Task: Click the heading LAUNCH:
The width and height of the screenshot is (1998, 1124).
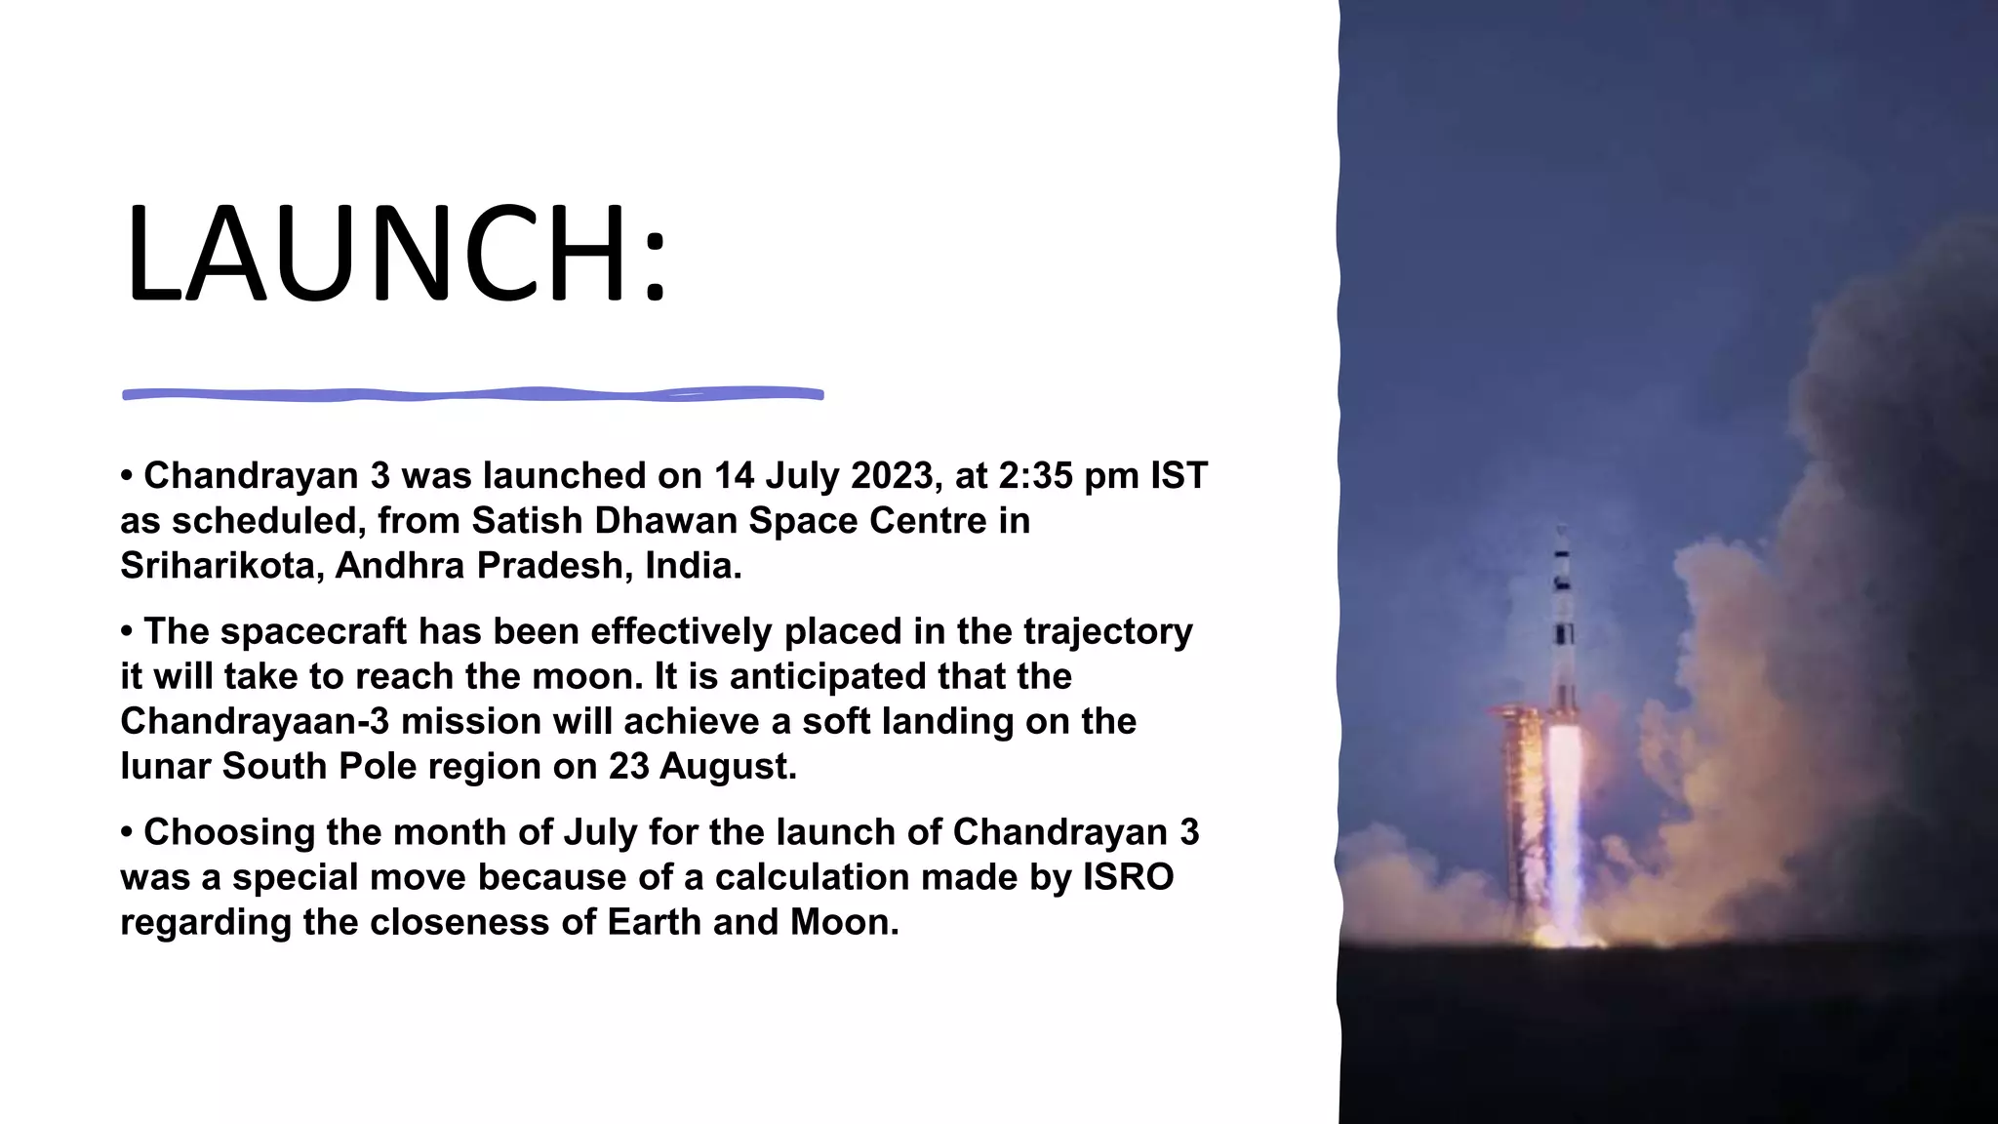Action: click(395, 254)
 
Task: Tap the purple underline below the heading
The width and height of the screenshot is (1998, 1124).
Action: click(472, 394)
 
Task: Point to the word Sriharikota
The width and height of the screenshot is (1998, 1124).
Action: click(221, 566)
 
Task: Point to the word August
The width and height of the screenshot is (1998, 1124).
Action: click(727, 767)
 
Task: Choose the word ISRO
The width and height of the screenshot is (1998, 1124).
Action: click(1128, 878)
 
